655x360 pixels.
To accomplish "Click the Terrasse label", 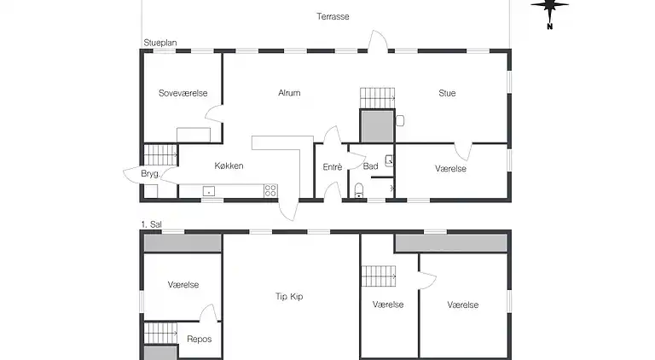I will tap(333, 16).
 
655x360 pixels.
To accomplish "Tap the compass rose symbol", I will tap(550, 8).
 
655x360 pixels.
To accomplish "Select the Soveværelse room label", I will tap(183, 93).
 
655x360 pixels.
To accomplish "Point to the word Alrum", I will tap(289, 93).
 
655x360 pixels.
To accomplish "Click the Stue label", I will tap(447, 93).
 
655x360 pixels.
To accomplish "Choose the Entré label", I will tap(332, 166).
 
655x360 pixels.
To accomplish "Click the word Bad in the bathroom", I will tap(370, 166).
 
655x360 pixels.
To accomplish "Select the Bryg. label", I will tap(150, 174).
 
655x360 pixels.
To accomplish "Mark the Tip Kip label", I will tap(289, 297).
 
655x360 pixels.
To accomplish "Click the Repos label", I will tap(199, 339).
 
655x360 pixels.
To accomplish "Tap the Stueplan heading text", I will tap(159, 42).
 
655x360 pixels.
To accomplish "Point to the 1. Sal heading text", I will tap(151, 224).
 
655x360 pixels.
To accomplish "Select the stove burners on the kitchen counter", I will tap(270, 191).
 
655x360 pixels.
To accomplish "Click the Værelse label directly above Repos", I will tap(183, 284).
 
